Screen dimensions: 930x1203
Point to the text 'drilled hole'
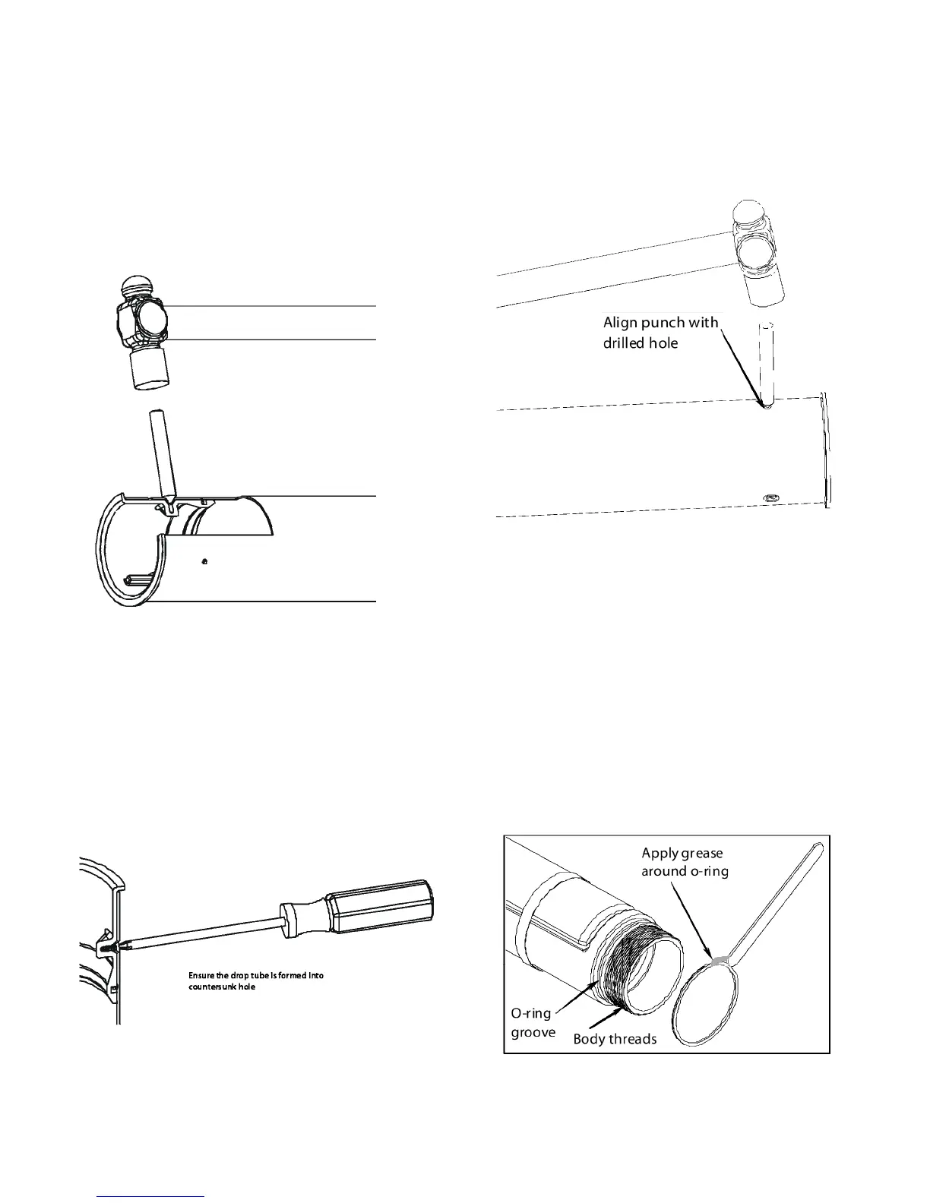click(x=640, y=343)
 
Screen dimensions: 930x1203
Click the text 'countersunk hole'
click(x=222, y=987)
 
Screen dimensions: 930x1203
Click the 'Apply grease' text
click(x=682, y=853)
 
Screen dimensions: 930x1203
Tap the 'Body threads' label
click(x=615, y=1039)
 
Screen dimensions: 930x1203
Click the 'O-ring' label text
click(x=530, y=1013)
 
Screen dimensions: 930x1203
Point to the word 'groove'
click(x=533, y=1033)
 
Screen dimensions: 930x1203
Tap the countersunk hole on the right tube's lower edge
click(x=770, y=497)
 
